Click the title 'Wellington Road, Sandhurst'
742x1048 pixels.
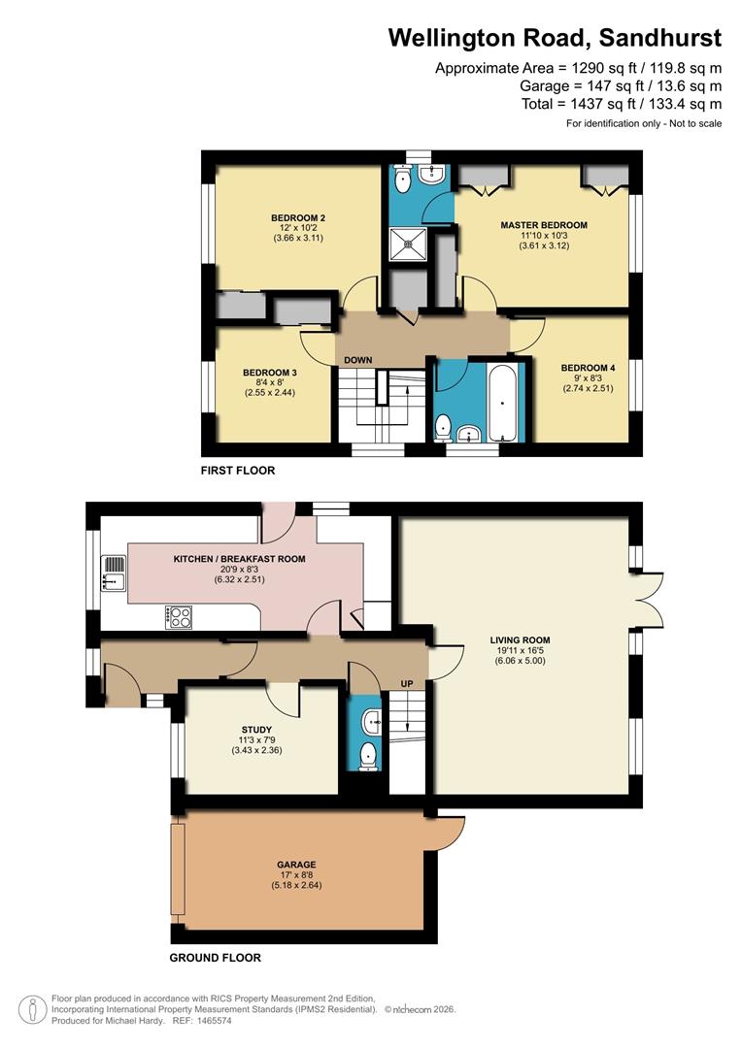[x=555, y=38]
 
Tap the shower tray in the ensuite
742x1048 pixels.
[x=409, y=244]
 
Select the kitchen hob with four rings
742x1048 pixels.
[x=180, y=616]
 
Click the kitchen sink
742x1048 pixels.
[x=114, y=573]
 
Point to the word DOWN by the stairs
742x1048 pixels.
[x=358, y=360]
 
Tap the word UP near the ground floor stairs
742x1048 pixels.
[x=407, y=684]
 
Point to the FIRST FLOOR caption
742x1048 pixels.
[x=238, y=471]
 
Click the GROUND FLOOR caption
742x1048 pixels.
[x=215, y=958]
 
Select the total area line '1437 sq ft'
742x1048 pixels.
[x=622, y=104]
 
